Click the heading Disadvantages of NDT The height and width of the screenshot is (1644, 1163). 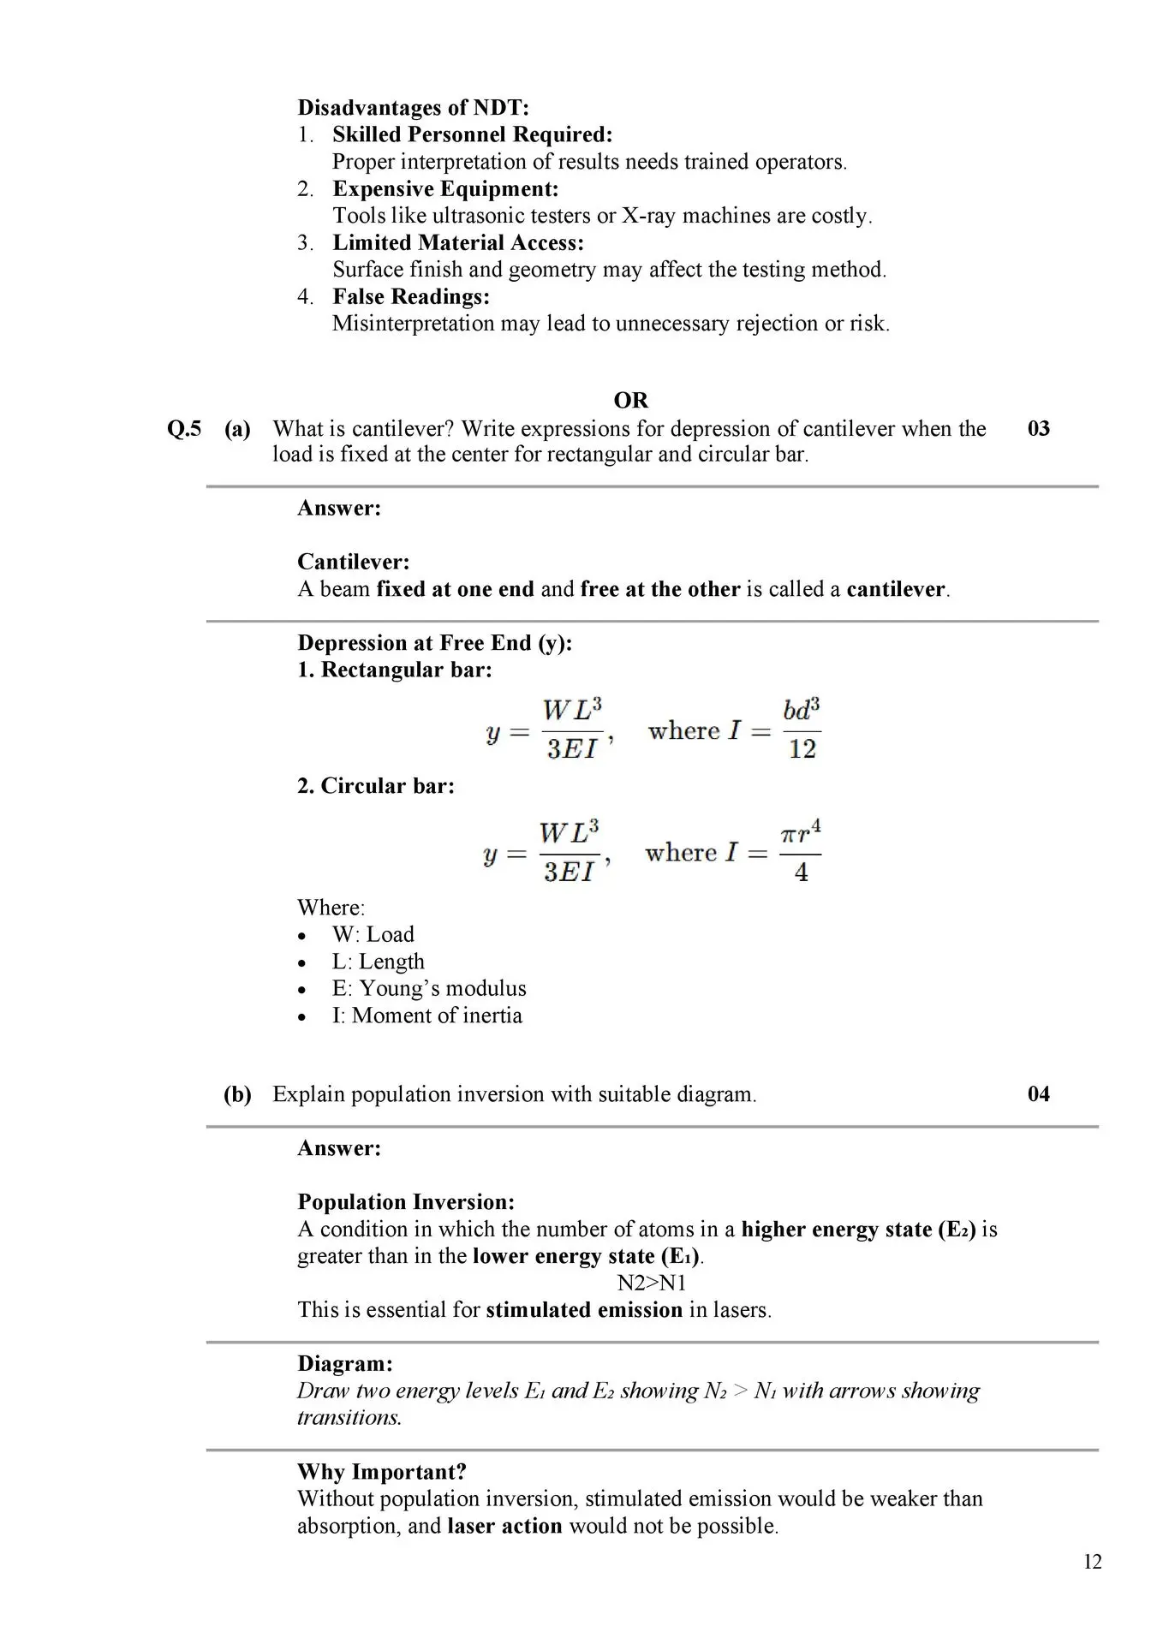coord(413,108)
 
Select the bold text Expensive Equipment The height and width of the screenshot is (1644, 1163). coord(445,188)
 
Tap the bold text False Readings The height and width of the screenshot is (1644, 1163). coord(411,296)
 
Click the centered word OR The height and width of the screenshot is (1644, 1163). coord(631,401)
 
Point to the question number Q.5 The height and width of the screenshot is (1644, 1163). coord(184,428)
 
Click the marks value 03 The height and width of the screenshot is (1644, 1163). coord(1038,428)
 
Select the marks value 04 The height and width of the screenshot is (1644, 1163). coord(1038,1093)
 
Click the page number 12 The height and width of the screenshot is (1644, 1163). coord(1092,1562)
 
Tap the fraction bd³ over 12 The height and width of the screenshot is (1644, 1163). coord(802,730)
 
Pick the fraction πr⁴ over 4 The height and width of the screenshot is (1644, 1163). coord(801,853)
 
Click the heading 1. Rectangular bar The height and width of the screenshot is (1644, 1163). coord(395,670)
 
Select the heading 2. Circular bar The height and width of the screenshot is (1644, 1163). coord(376,786)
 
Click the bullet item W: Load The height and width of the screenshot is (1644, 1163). coord(373,934)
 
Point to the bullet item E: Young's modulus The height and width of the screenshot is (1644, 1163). coord(429,988)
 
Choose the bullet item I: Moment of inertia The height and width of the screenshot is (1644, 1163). coord(426,1016)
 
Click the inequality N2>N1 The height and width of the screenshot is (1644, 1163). coord(652,1283)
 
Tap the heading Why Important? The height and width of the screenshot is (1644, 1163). coord(381,1472)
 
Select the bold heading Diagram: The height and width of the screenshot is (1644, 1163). coord(345,1364)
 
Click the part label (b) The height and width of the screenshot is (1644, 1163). coord(237,1093)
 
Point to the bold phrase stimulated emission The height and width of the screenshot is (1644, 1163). coord(584,1310)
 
